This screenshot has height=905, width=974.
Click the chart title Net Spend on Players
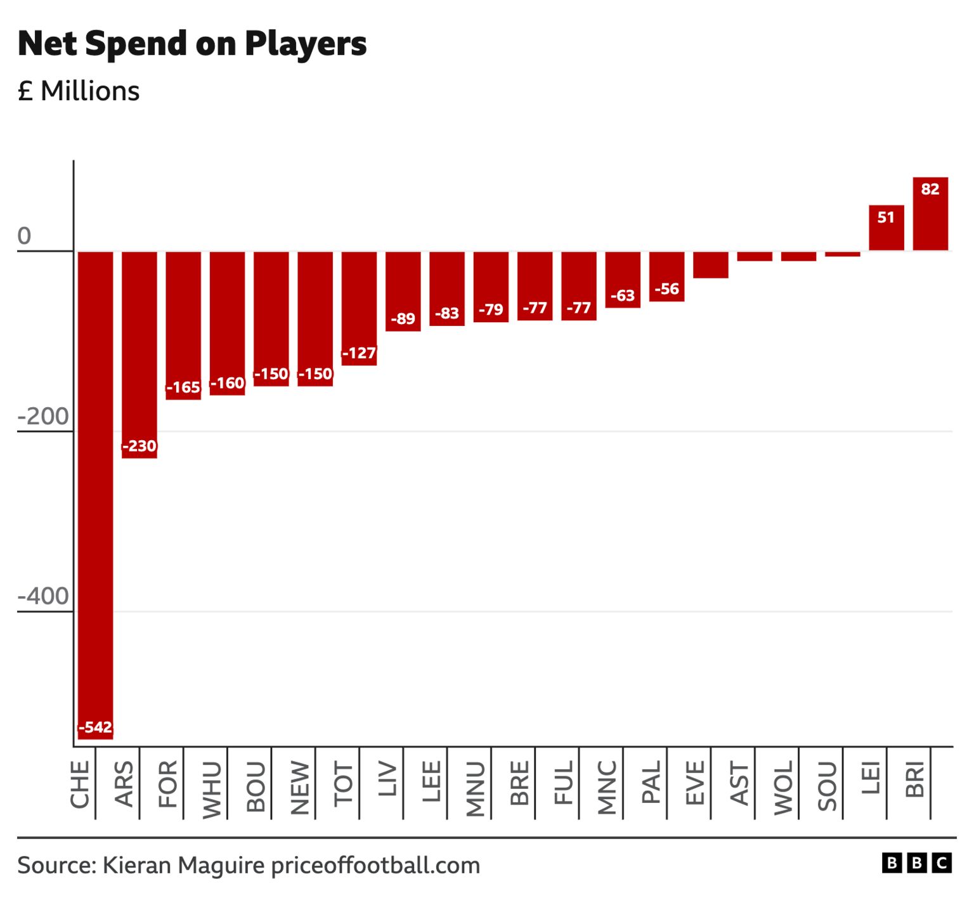tap(192, 44)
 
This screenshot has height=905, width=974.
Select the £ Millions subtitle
tap(79, 91)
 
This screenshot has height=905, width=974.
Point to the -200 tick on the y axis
tap(43, 417)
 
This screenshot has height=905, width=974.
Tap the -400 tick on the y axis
tap(43, 597)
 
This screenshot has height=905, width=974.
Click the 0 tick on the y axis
tap(24, 236)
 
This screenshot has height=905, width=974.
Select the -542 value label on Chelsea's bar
tap(95, 727)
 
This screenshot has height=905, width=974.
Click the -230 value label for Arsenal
tap(139, 446)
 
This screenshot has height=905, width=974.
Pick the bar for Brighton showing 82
tap(930, 214)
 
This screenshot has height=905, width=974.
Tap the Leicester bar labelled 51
tap(886, 228)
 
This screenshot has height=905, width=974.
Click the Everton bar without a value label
tap(710, 264)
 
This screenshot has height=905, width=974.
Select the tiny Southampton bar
tap(842, 254)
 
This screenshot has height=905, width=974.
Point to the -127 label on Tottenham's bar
tap(359, 353)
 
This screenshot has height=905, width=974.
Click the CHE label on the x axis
tap(80, 785)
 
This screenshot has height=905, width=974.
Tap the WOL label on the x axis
tap(783, 787)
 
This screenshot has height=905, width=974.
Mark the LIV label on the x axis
tap(387, 779)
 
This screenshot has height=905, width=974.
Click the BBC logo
tap(916, 863)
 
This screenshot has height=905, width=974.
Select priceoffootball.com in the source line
tap(375, 866)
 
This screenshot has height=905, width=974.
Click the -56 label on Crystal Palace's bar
tap(666, 289)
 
